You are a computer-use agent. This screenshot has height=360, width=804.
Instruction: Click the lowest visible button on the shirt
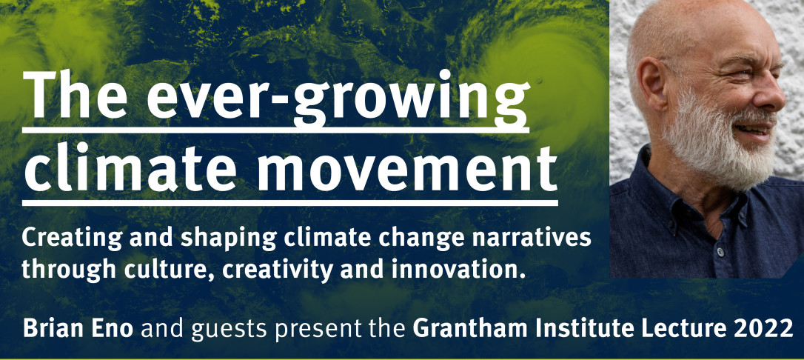720,253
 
